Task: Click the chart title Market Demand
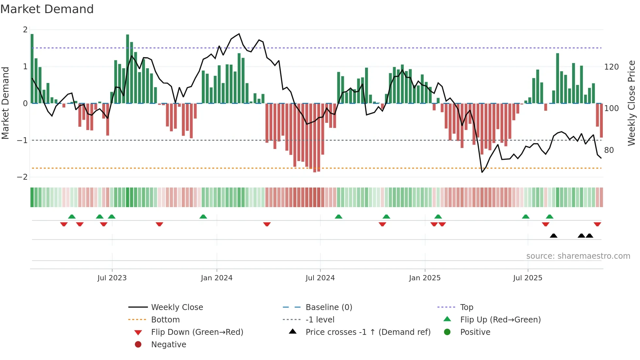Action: pyautogui.click(x=47, y=9)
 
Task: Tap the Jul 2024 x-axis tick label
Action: pyautogui.click(x=320, y=278)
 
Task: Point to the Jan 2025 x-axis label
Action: pyautogui.click(x=424, y=278)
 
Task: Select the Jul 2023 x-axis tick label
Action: pyautogui.click(x=112, y=278)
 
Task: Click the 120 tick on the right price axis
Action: pyautogui.click(x=611, y=67)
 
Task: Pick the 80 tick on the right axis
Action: pyautogui.click(x=609, y=150)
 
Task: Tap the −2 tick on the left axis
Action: pyautogui.click(x=23, y=177)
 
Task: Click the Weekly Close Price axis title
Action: pyautogui.click(x=632, y=103)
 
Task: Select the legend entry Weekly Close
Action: pyautogui.click(x=177, y=307)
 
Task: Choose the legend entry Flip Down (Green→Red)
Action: pyautogui.click(x=197, y=332)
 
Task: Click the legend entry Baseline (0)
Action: pyautogui.click(x=328, y=307)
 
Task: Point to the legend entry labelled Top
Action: pyautogui.click(x=466, y=307)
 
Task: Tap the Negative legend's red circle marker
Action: pyautogui.click(x=138, y=345)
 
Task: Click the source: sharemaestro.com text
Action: pyautogui.click(x=578, y=256)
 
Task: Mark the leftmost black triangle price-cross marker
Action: pyautogui.click(x=553, y=236)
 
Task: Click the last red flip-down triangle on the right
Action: pyautogui.click(x=597, y=224)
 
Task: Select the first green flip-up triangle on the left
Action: pyautogui.click(x=72, y=217)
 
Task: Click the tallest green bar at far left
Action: pyautogui.click(x=32, y=69)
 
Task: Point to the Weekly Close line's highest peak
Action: pyautogui.click(x=239, y=34)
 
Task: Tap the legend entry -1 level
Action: pyautogui.click(x=320, y=320)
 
